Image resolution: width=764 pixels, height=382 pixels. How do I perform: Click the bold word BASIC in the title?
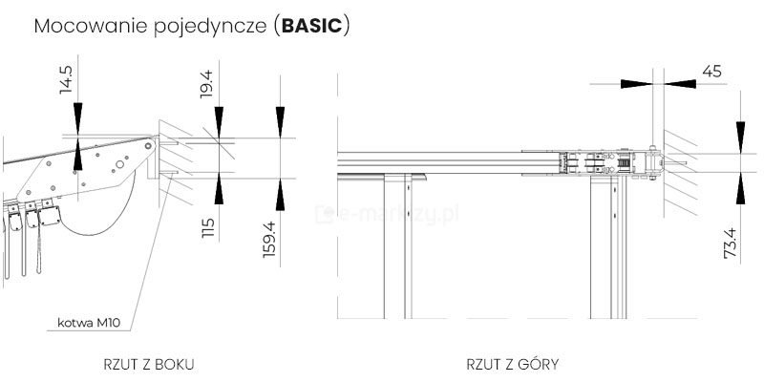click(x=312, y=27)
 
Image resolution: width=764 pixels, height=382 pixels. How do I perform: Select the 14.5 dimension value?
click(x=66, y=79)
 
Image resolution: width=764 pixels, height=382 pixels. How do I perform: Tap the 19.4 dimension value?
click(x=206, y=84)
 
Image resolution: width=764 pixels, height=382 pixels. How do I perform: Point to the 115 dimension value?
click(x=207, y=228)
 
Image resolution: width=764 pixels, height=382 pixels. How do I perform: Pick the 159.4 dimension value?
click(x=268, y=240)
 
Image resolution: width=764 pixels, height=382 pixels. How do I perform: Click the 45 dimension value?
click(x=711, y=72)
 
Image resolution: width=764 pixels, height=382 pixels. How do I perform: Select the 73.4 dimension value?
click(x=730, y=244)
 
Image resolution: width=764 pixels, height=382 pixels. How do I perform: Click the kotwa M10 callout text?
click(x=89, y=323)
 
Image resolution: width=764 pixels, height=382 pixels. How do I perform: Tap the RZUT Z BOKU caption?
click(x=149, y=364)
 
